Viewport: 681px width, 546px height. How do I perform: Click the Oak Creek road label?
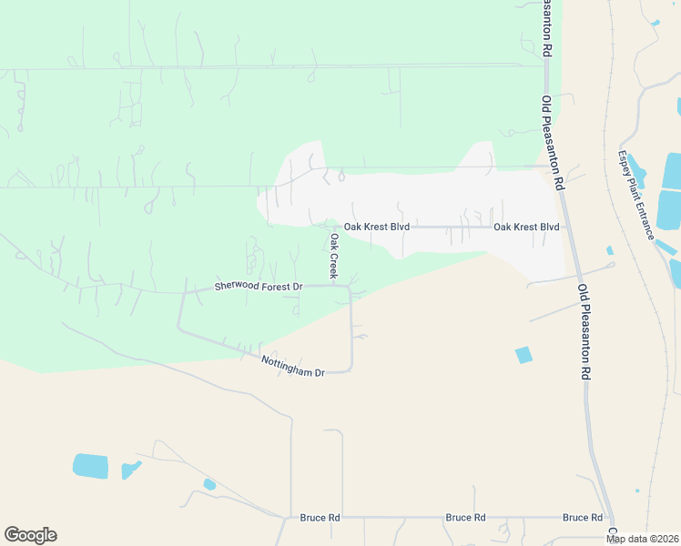pos(334,257)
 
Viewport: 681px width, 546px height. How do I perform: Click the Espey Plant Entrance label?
pos(636,195)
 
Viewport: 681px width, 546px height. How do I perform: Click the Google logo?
pos(30,535)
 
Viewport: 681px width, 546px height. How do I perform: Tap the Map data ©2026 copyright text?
pos(641,539)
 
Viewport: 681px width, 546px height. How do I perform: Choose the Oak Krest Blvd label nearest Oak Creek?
pos(376,227)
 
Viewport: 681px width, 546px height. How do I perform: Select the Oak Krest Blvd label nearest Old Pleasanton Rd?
pos(526,227)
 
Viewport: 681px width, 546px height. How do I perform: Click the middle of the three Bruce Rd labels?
pos(465,517)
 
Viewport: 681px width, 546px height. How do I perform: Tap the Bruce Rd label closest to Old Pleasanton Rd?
pos(583,517)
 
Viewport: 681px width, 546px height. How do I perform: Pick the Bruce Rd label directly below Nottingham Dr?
pos(320,517)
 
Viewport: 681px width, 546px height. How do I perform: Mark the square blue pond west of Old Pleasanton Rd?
pos(523,355)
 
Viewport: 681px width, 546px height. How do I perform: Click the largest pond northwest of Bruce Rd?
pos(90,466)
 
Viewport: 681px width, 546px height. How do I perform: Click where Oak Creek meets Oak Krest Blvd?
pos(328,227)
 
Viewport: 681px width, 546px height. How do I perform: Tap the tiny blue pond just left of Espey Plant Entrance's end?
pos(609,250)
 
